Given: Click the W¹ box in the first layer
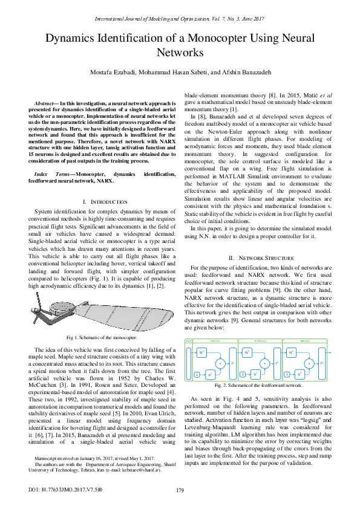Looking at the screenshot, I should tap(202, 351).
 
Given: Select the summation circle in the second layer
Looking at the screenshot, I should tap(264, 363).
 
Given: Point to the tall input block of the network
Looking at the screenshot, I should tap(188, 363).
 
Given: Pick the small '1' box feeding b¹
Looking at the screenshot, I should tap(197, 375).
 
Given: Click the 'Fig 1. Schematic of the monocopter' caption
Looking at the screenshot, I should tap(93, 338).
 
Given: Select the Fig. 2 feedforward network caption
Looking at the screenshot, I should tap(258, 385).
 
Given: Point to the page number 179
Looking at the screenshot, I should tap(180, 490).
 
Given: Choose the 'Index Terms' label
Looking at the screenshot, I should tap(51, 157).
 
